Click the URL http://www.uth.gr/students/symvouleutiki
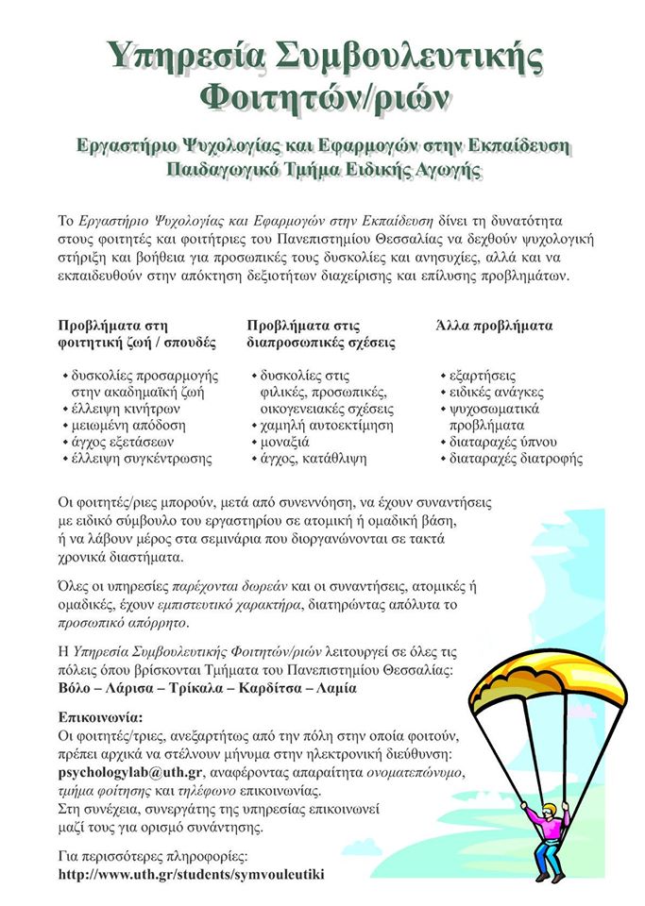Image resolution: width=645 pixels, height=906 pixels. click(191, 874)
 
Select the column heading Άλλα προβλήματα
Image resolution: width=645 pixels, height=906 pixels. click(494, 326)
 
